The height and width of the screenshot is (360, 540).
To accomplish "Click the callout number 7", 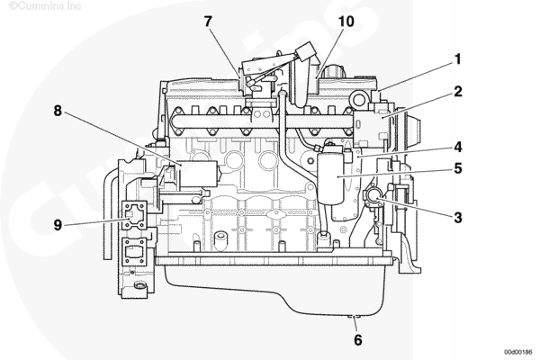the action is [208, 22].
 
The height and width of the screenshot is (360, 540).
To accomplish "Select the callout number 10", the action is [346, 22].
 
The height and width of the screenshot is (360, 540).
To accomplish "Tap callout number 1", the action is [458, 59].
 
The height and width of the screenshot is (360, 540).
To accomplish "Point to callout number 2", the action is [458, 91].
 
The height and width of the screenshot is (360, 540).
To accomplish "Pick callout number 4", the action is [458, 147].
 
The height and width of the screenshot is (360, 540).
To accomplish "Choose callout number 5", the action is [458, 168].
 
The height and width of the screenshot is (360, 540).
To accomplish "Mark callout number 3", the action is [458, 218].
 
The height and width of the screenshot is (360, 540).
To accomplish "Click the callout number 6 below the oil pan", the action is [358, 340].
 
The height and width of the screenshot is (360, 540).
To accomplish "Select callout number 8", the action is [58, 111].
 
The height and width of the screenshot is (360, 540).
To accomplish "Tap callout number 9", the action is [58, 225].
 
